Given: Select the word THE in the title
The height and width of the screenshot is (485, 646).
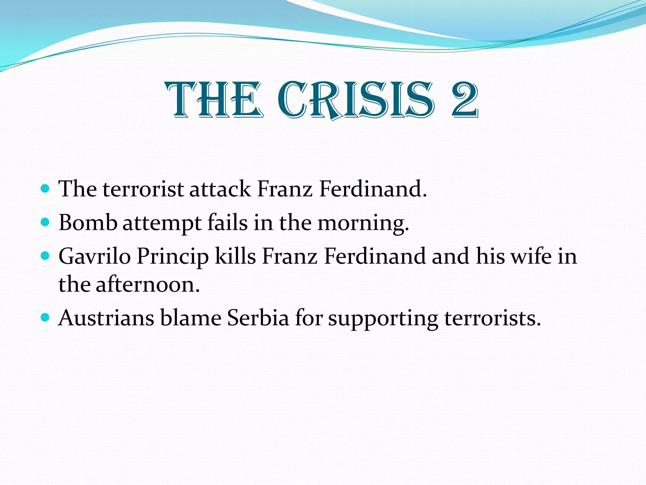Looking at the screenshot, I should tap(215, 100).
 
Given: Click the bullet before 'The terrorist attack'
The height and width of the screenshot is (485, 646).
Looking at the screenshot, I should tap(45, 189).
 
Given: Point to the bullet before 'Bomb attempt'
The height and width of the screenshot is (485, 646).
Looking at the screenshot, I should tap(45, 223).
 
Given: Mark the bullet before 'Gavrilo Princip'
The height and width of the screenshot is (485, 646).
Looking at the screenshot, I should tap(45, 256).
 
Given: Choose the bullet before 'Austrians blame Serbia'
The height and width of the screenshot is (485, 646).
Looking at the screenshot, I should tap(45, 317).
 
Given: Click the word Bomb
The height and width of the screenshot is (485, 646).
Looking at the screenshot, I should tap(88, 223).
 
